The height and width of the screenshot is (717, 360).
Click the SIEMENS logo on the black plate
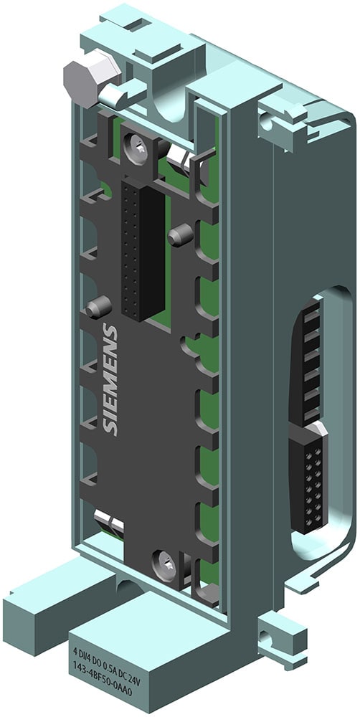(110, 379)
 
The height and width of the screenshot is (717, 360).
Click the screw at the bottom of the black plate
(165, 563)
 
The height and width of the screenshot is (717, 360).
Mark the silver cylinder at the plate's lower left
(108, 522)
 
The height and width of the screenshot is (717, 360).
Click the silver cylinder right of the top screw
(180, 159)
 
